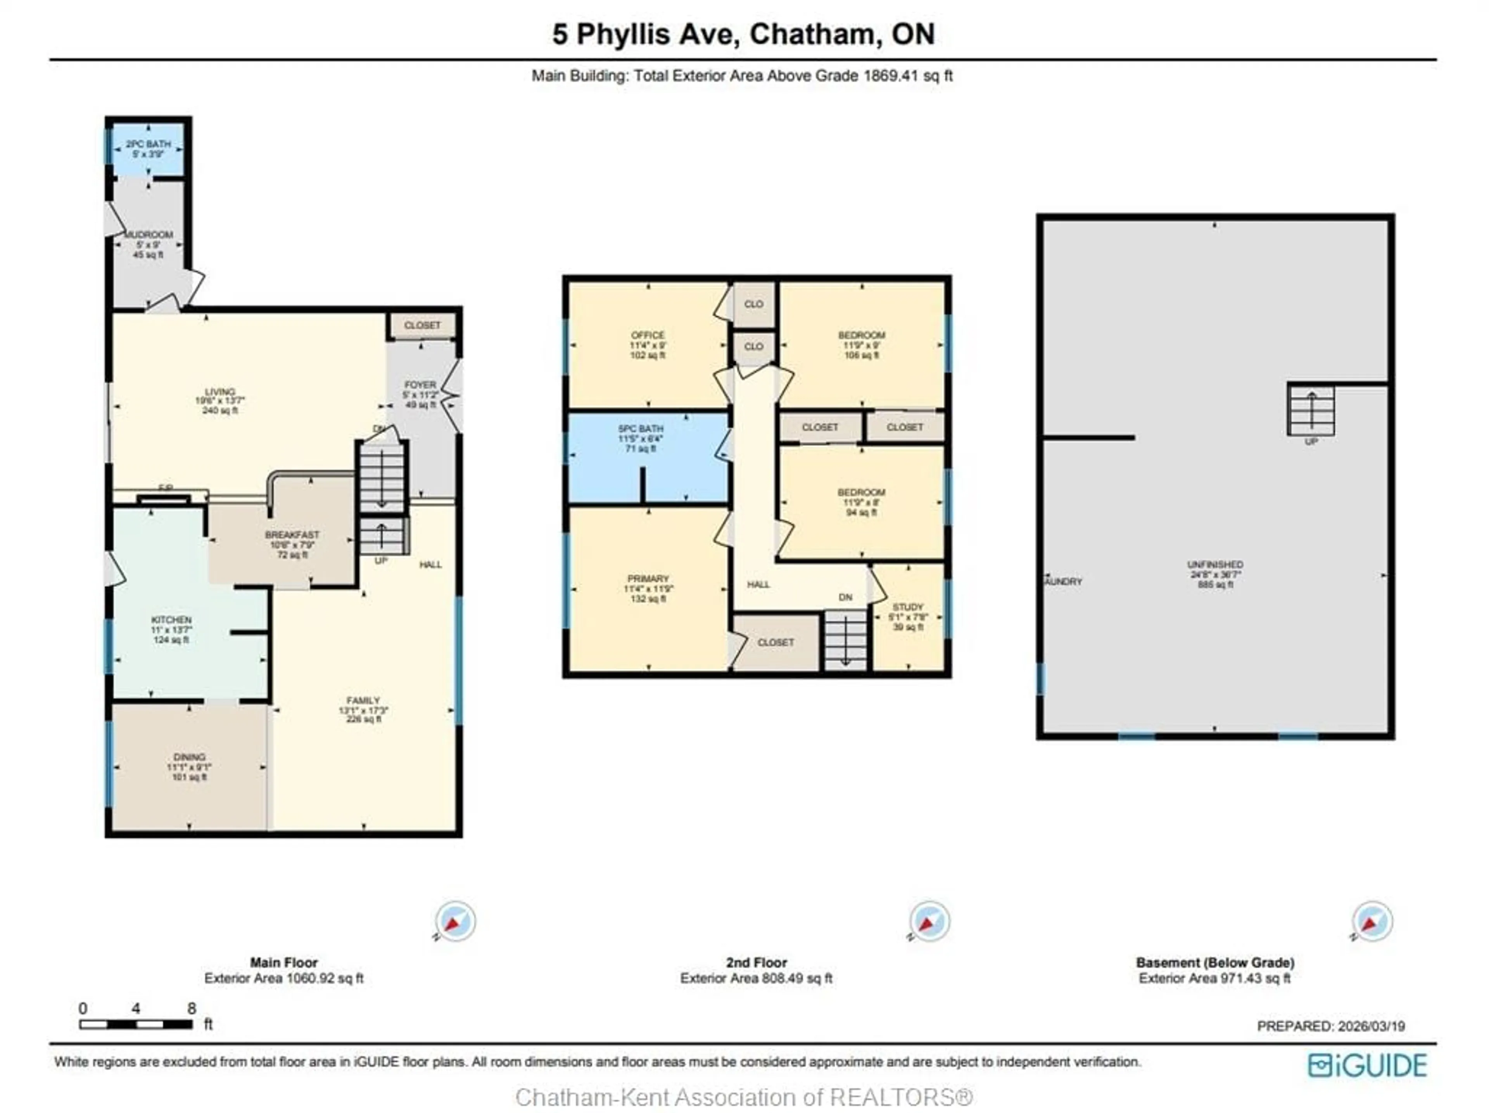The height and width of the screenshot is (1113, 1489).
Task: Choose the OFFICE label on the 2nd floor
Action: (x=648, y=335)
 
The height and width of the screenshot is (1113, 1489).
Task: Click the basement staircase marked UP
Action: (x=1311, y=411)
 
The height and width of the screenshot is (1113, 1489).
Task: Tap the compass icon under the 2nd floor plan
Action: (x=929, y=921)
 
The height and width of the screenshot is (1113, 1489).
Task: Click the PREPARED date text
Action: (x=1331, y=1026)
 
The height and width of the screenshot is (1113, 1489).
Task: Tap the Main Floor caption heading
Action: (x=283, y=962)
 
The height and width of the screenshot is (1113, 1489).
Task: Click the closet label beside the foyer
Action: (x=422, y=325)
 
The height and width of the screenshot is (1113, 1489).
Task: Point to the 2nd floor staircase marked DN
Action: (x=845, y=640)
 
